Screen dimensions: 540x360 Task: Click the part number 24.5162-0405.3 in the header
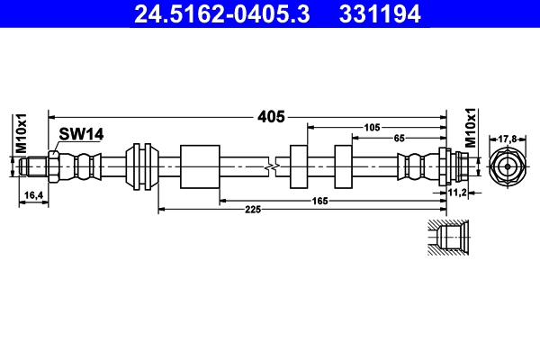point(222,13)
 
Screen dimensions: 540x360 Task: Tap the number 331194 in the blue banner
point(380,13)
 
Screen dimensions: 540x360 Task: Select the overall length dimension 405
point(272,117)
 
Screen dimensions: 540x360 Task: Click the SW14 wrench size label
point(81,134)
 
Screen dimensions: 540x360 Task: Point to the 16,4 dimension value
point(33,195)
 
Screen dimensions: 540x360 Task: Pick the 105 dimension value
point(372,128)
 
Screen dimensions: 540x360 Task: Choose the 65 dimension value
point(399,138)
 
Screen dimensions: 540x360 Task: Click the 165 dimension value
point(319,201)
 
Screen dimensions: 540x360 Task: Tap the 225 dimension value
point(253,209)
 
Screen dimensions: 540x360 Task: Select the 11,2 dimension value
point(457,193)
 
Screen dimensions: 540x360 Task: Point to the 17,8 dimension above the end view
point(508,139)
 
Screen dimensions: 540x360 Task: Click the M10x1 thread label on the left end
point(21,133)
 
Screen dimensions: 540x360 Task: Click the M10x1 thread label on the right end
point(471,128)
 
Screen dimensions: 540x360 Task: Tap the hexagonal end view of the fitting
point(508,166)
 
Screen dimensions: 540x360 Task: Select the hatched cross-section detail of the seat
point(448,238)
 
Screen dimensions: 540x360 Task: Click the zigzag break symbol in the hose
point(272,167)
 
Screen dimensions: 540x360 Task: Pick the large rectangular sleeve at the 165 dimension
point(200,166)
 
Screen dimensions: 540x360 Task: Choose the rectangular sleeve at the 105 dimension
point(299,166)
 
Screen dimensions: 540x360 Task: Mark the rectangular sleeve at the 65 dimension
point(344,166)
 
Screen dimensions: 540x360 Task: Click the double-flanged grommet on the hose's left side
point(142,166)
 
